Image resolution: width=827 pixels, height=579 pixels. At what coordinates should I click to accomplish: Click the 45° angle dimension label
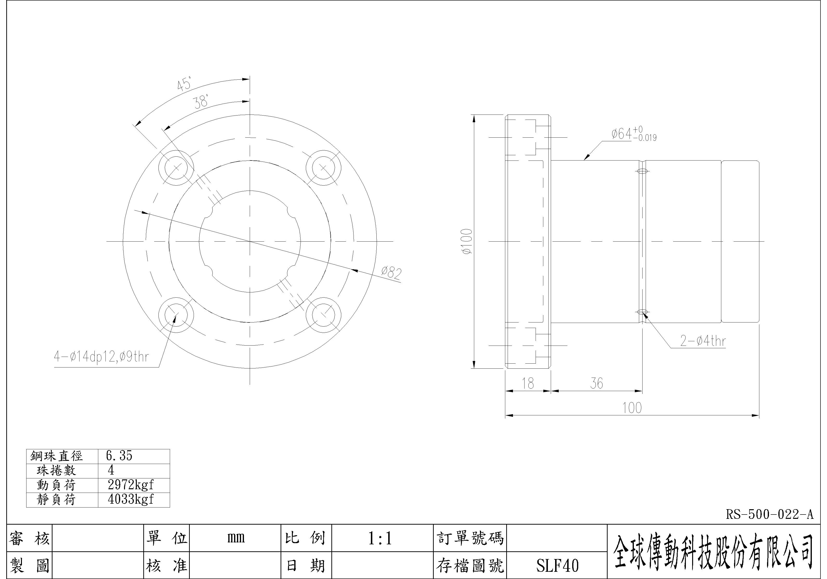point(184,84)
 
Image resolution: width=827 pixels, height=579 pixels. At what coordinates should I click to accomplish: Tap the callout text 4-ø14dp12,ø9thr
point(101,357)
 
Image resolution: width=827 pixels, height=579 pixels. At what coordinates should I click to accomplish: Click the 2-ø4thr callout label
point(703,341)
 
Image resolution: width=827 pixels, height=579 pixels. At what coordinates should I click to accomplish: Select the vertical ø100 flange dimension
point(467,241)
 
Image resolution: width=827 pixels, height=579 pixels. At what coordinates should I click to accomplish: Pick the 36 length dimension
point(597,384)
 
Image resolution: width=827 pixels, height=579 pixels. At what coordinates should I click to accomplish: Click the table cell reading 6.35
point(119,456)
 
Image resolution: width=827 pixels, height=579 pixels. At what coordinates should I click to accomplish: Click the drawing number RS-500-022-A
point(769,515)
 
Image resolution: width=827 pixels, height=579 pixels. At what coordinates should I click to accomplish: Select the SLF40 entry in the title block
point(557,565)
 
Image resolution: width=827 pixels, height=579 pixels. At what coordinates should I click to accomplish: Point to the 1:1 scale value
point(380,538)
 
